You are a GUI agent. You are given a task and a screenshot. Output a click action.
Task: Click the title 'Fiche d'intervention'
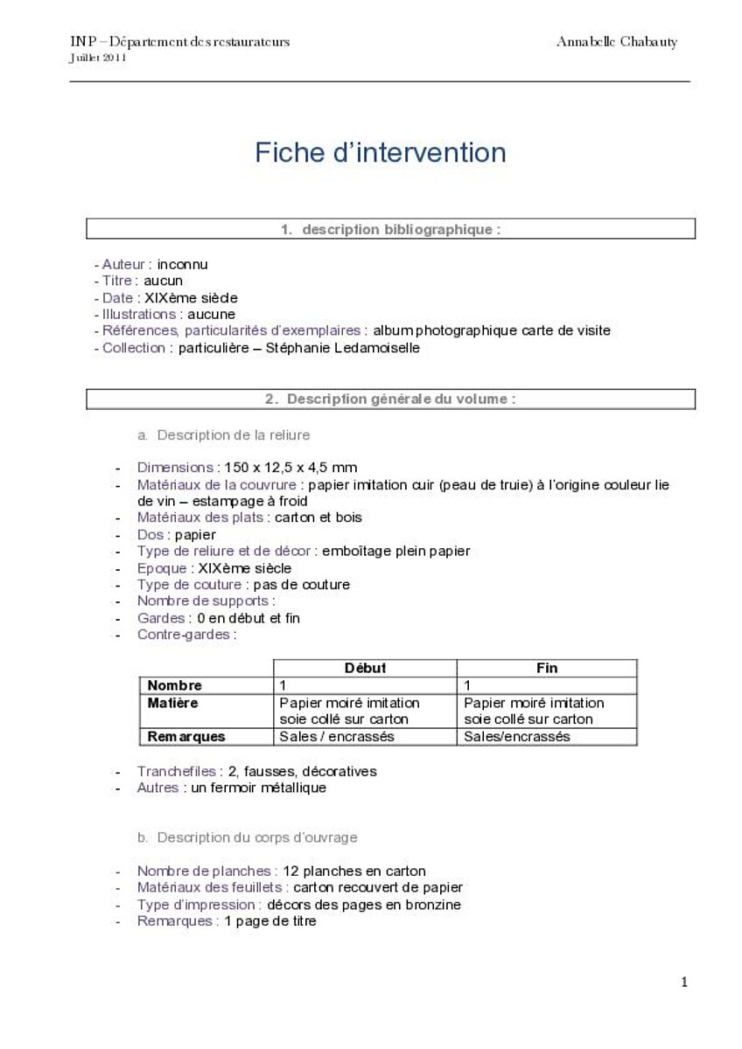tap(381, 153)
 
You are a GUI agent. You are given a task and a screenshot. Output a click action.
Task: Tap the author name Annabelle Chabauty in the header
tap(616, 42)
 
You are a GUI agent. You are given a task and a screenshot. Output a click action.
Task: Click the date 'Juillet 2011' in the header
tap(98, 59)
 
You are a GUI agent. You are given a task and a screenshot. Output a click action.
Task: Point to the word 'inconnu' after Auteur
tap(182, 264)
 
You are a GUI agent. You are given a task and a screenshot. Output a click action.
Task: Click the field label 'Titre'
tap(118, 281)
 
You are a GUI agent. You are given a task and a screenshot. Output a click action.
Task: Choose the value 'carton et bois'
tap(318, 518)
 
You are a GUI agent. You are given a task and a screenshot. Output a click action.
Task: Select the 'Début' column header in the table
tap(365, 668)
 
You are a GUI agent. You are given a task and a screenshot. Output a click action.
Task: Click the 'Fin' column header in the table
tap(547, 668)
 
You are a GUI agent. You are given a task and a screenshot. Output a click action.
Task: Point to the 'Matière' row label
tap(173, 703)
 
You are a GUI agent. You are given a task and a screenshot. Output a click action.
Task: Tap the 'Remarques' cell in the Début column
tap(337, 736)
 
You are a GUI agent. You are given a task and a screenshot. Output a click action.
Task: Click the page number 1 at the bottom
tap(684, 983)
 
